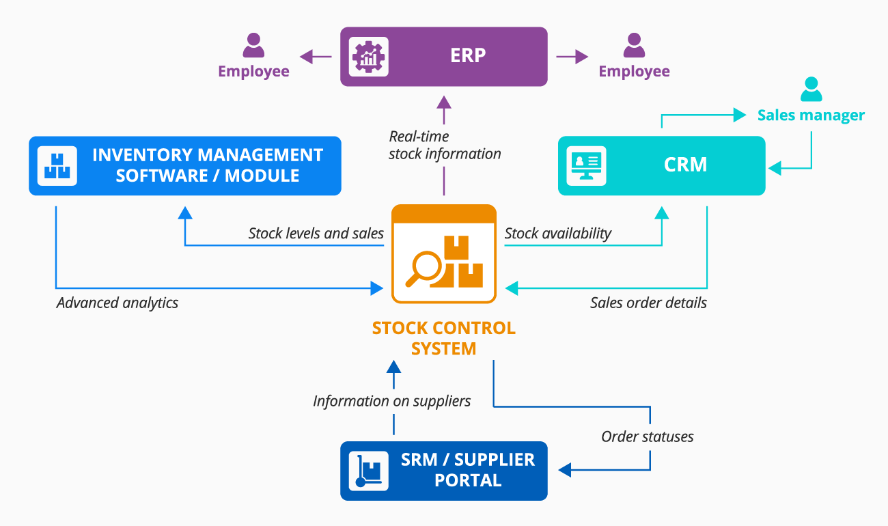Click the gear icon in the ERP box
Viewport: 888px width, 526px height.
pos(367,56)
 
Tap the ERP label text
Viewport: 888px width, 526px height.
pos(468,56)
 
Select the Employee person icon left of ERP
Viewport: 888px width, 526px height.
pos(253,46)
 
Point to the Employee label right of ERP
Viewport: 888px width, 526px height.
pos(634,71)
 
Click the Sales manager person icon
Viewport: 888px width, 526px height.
pos(811,89)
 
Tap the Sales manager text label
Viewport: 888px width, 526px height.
pos(811,115)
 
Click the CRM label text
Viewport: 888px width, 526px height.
pos(685,165)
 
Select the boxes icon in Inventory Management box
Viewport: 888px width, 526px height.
pos(57,166)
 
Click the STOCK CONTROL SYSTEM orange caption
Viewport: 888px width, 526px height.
pos(443,337)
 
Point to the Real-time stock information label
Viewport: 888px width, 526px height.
pos(445,145)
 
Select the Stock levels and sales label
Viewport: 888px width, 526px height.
pos(316,234)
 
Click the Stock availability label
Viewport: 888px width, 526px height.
pos(557,234)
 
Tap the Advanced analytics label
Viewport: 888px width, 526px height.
pos(117,303)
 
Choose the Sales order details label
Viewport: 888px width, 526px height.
pos(648,302)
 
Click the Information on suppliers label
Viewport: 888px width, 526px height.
pos(391,401)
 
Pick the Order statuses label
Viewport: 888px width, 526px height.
pos(647,437)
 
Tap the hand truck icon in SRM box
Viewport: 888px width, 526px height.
pos(368,471)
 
